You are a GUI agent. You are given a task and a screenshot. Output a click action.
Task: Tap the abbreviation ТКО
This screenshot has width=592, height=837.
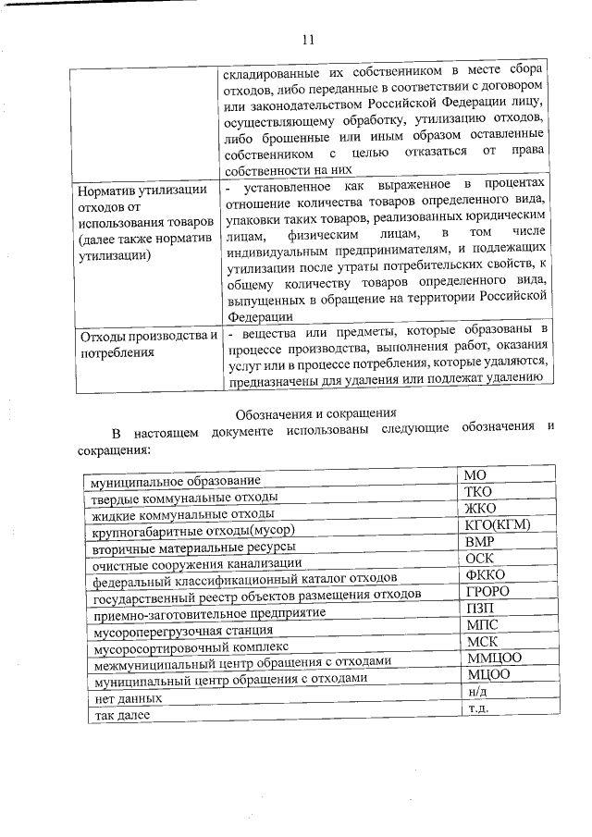[x=480, y=492]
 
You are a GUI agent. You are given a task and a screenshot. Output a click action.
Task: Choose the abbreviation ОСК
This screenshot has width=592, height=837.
[x=479, y=559]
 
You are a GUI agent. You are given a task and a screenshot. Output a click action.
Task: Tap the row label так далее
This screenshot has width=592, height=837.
[x=115, y=716]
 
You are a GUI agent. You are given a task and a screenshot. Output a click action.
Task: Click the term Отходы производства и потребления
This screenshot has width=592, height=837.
[x=148, y=343]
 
